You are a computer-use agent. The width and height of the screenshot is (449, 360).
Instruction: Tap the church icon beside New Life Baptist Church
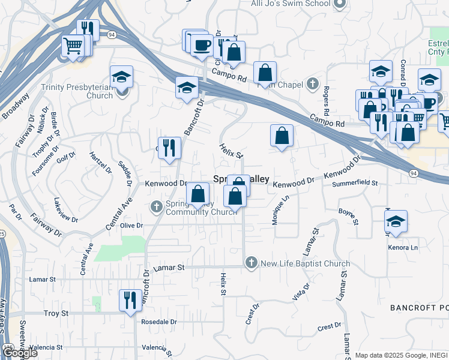coord(251,263)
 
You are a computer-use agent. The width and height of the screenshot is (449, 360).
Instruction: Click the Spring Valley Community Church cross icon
coord(156,206)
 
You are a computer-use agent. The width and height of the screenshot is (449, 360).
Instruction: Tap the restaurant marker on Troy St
coord(130,299)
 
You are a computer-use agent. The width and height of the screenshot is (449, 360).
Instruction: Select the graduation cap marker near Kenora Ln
coord(396,222)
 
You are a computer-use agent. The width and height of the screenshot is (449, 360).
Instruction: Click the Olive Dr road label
coord(131,226)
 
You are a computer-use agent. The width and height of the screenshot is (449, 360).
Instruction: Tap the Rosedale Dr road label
coord(159,322)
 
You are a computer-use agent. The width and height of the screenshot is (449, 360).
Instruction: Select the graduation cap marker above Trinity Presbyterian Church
coord(122,77)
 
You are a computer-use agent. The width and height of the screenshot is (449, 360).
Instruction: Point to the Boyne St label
coord(348,216)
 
